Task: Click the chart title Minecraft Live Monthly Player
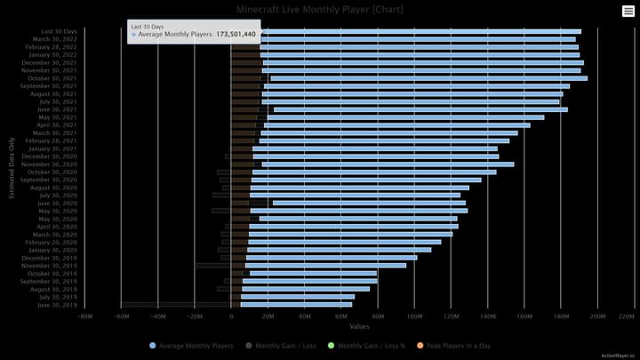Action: click(x=319, y=9)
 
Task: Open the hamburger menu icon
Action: click(x=628, y=11)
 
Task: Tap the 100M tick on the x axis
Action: click(x=414, y=316)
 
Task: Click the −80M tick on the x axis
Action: click(x=84, y=316)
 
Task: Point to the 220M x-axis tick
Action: click(x=626, y=316)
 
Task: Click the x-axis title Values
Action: click(x=360, y=326)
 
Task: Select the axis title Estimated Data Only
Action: click(x=12, y=168)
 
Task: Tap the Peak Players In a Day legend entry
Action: click(x=458, y=345)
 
